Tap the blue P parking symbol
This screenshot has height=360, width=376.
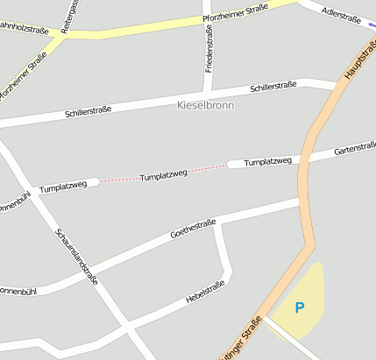(x=299, y=307)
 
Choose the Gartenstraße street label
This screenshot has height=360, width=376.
(x=355, y=150)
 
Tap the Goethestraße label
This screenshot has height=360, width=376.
(x=193, y=230)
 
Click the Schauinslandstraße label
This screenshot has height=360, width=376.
(x=76, y=257)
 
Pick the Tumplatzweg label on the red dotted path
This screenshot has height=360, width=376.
(x=164, y=176)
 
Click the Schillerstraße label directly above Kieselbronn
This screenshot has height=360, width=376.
(x=273, y=86)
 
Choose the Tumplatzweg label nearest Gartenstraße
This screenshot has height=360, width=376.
(x=267, y=162)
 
